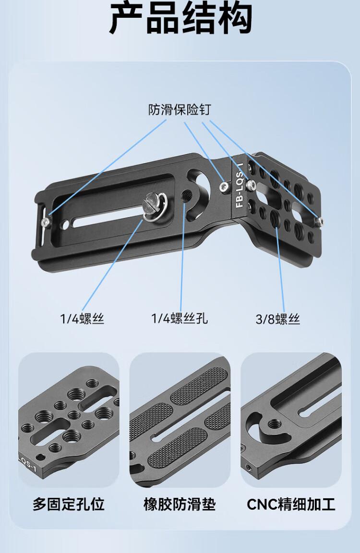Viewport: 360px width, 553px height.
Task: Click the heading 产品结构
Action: pyautogui.click(x=180, y=18)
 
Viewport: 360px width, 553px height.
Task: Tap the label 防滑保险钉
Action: pyautogui.click(x=179, y=109)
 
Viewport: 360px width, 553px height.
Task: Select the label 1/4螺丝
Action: pyautogui.click(x=82, y=319)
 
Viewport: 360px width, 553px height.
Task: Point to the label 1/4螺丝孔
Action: pyautogui.click(x=180, y=318)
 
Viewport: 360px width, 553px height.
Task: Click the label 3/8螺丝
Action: pyautogui.click(x=278, y=319)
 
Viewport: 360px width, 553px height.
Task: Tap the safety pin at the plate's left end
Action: pyautogui.click(x=45, y=221)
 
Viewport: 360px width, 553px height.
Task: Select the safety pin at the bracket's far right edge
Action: pyautogui.click(x=319, y=221)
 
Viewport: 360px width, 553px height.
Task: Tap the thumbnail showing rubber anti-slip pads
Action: pyautogui.click(x=180, y=420)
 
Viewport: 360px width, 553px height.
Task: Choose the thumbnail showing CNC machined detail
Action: pyautogui.click(x=291, y=420)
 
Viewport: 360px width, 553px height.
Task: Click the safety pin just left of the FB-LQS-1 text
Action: pyautogui.click(x=224, y=187)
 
